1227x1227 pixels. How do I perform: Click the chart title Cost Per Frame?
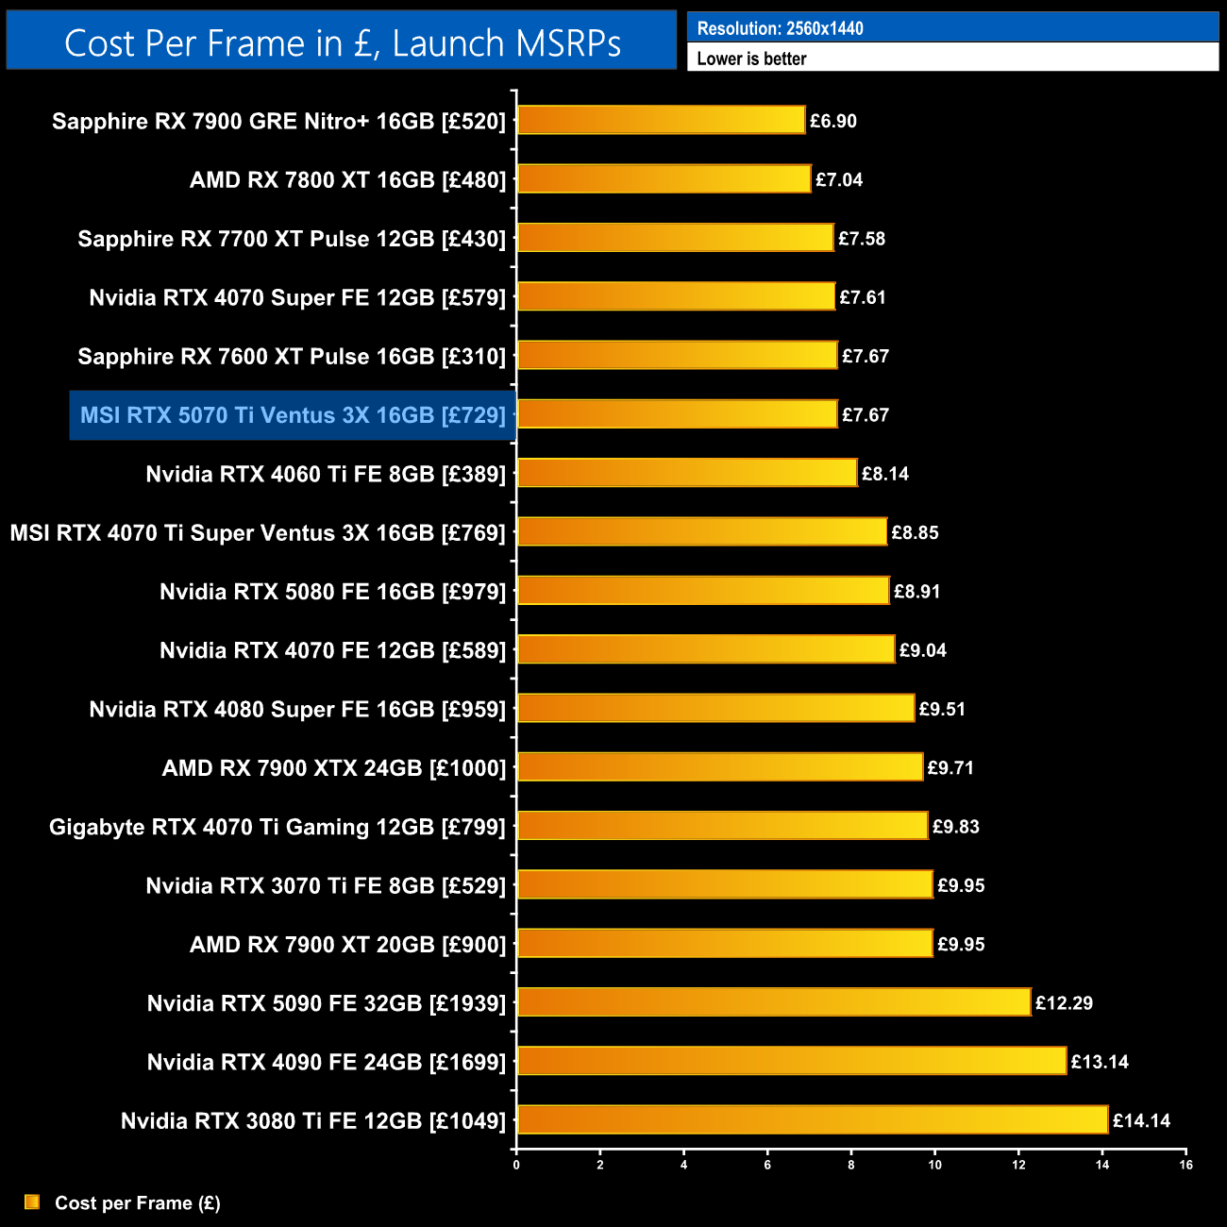[342, 42]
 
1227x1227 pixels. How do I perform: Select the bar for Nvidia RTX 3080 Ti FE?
[812, 1119]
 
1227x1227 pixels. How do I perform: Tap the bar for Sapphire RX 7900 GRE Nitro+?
[661, 120]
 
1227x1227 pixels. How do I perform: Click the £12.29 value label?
[1064, 1003]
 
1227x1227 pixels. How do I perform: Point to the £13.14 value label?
[1100, 1062]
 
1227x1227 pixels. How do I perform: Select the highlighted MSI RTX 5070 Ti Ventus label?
[293, 415]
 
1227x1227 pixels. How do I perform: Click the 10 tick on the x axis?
[934, 1165]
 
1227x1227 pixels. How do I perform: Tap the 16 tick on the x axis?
[1185, 1165]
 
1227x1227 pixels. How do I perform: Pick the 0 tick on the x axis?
[516, 1165]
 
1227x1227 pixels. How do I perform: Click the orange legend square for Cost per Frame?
[32, 1202]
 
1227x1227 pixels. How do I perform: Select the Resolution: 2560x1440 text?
[780, 28]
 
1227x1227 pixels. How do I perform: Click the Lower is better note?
[751, 59]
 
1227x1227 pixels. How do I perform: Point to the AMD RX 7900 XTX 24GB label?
[334, 768]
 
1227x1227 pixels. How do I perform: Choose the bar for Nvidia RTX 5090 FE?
[774, 1002]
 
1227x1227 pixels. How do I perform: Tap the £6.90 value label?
[833, 121]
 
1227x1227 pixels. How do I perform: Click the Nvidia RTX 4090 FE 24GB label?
[327, 1062]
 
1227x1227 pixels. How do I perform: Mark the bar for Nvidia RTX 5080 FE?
[703, 591]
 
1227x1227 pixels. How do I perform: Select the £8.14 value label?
[884, 474]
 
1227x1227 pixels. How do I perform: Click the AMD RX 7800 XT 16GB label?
[347, 179]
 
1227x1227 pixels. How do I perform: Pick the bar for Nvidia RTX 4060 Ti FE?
[687, 473]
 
